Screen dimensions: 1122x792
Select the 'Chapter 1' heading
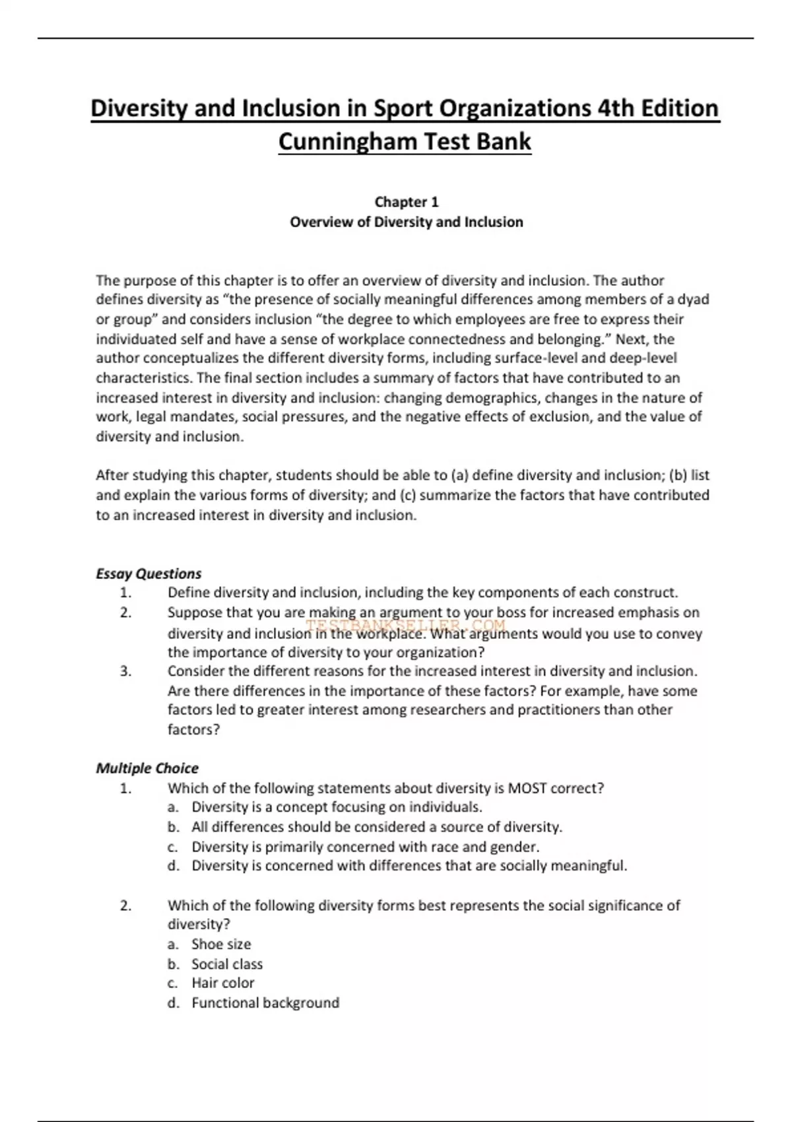click(x=406, y=202)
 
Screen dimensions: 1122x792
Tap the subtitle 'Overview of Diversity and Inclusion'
click(x=406, y=222)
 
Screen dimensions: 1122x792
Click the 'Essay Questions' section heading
click(x=148, y=574)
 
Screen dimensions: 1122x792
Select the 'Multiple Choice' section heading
click(x=147, y=768)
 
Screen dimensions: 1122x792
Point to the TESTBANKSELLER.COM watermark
click(x=405, y=624)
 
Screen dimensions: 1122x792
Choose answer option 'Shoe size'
click(x=221, y=944)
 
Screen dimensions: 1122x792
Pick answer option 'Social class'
click(x=227, y=964)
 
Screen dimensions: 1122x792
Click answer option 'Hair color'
click(x=222, y=983)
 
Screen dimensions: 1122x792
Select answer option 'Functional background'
click(x=265, y=1003)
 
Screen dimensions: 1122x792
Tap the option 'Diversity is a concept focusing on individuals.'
click(x=337, y=807)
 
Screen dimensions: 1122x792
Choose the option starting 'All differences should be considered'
click(x=376, y=827)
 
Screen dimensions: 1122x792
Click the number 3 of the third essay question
click(x=125, y=671)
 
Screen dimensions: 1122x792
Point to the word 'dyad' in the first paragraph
click(x=693, y=300)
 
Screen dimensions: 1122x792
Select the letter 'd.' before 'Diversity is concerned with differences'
click(x=174, y=866)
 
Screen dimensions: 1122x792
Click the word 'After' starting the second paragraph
click(x=112, y=475)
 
